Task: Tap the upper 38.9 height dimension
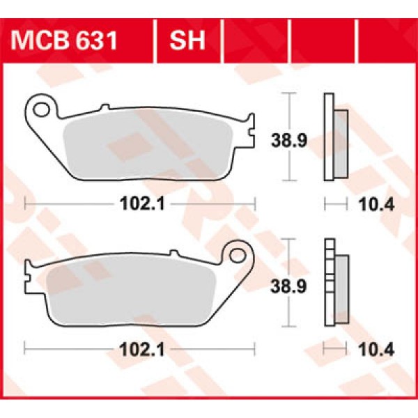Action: (x=286, y=141)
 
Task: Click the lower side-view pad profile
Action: (x=336, y=286)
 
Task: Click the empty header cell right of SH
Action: (x=255, y=41)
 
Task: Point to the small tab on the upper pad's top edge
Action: (x=105, y=107)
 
